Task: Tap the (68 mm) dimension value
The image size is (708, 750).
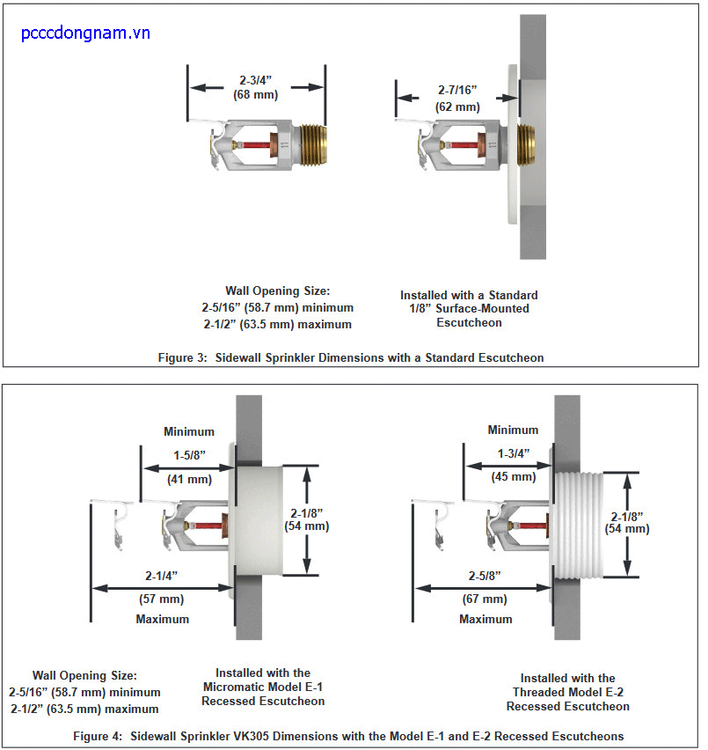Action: pos(255,94)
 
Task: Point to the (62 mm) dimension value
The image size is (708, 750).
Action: pos(458,107)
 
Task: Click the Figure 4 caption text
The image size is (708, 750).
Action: pos(354,735)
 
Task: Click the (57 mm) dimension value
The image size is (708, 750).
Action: pos(162,599)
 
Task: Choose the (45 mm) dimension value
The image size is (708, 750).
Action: pos(513,476)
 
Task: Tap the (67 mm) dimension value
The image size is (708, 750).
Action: pos(485,599)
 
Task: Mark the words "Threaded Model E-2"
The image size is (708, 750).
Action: pos(568,692)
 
